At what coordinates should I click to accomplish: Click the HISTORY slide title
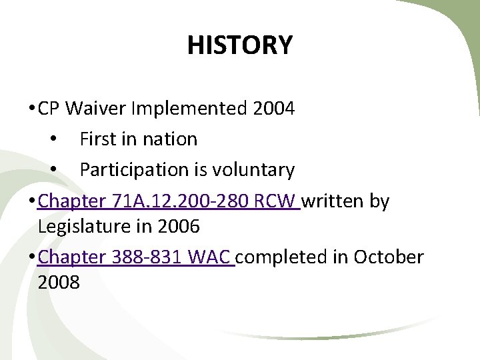coord(239,45)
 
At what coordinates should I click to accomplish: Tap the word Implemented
coord(187,108)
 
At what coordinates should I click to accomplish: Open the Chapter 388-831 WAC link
coord(136,257)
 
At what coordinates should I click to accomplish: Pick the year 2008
coord(59,283)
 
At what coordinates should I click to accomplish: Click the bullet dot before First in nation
coord(53,140)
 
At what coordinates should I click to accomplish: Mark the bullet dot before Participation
coord(53,171)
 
